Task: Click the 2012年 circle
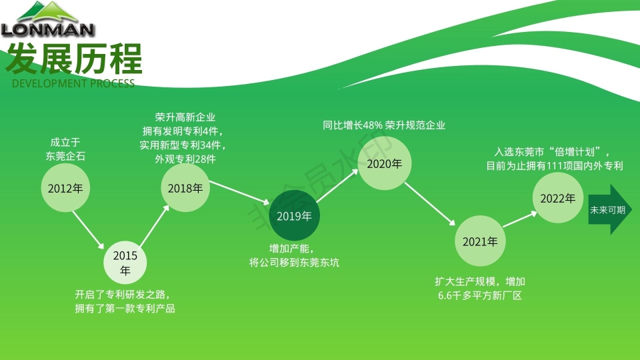tap(65, 188)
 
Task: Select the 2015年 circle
tap(125, 263)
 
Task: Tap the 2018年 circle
tap(185, 188)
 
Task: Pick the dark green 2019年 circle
tap(294, 216)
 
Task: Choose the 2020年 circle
tap(385, 164)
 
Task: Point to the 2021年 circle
tap(480, 241)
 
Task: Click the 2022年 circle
tap(557, 198)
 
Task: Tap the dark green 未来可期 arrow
tap(609, 209)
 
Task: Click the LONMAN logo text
tap(47, 29)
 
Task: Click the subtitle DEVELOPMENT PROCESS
tap(73, 83)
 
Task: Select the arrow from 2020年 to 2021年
tap(432, 203)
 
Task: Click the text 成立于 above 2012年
tap(65, 142)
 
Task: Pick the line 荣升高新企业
tap(185, 117)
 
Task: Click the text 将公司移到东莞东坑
tap(294, 262)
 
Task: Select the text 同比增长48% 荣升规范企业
tap(384, 125)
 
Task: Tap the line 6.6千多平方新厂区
tap(479, 295)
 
